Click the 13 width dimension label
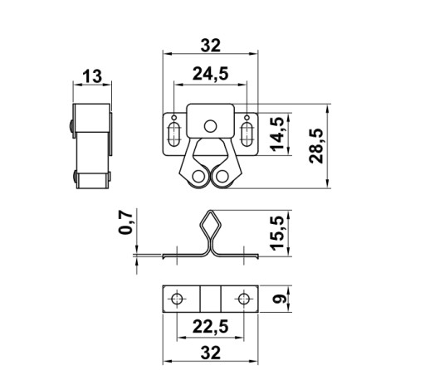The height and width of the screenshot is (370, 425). (92, 76)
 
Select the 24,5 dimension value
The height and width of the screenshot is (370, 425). (211, 74)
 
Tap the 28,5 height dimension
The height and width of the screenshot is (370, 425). (316, 146)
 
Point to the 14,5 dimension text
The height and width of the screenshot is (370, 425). (278, 134)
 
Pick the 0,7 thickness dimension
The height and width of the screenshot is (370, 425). (125, 222)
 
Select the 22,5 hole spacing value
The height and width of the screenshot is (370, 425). (211, 327)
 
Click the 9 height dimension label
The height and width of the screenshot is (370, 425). (278, 299)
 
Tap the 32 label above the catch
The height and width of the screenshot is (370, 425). (211, 46)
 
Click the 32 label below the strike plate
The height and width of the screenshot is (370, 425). (211, 353)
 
